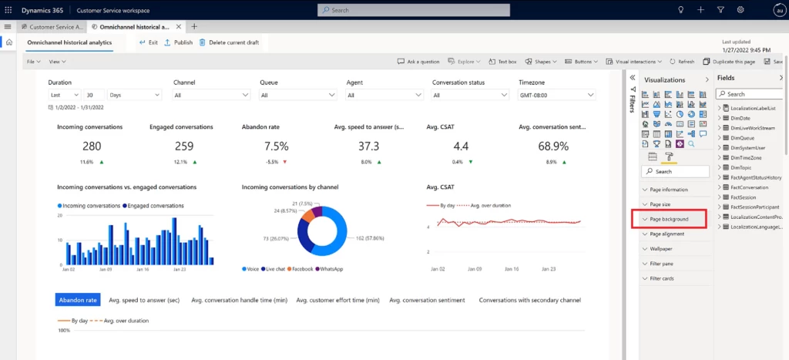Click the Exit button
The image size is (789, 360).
[148, 42]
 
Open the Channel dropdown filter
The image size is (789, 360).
[211, 95]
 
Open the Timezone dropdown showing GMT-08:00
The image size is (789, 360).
[556, 95]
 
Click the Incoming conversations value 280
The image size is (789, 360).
[92, 146]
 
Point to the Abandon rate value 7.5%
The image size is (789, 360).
[275, 146]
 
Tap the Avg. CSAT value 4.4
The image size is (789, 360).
[461, 146]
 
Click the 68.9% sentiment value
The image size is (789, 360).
[553, 146]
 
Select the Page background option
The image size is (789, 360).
[669, 219]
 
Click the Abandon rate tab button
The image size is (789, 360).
[78, 300]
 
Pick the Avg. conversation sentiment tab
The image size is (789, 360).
[427, 300]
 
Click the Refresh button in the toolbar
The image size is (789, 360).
[682, 61]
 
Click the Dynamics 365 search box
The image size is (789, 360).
[413, 10]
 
